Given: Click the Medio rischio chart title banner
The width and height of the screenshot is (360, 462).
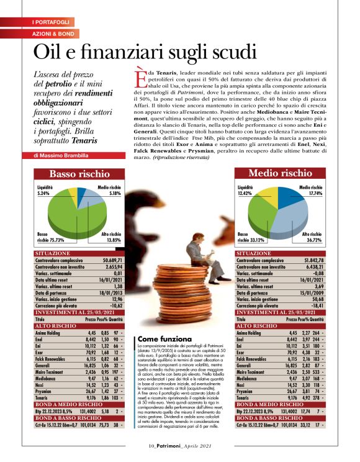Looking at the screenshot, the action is click(x=281, y=173).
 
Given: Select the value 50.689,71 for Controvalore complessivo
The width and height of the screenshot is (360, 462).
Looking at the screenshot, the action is click(x=113, y=260).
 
